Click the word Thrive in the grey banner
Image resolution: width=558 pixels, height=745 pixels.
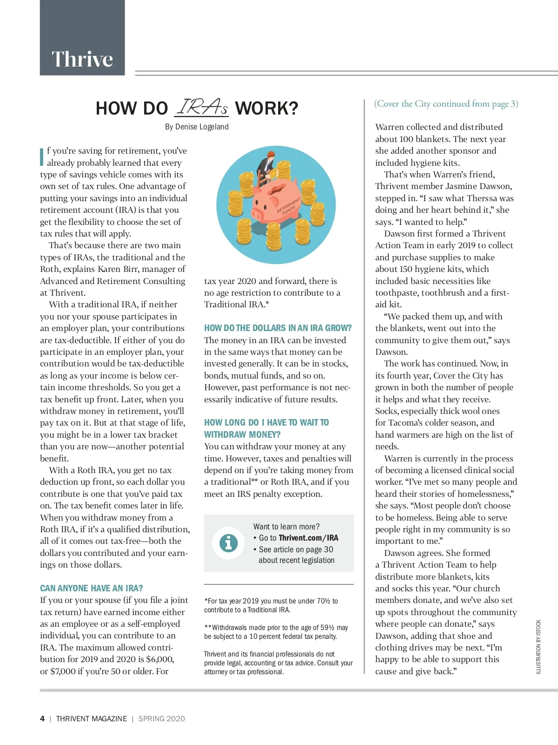pos(82,59)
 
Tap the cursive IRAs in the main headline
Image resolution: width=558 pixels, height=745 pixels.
pos(202,108)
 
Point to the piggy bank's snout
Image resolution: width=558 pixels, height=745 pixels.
pos(258,215)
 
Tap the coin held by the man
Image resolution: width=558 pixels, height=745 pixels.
pos(274,173)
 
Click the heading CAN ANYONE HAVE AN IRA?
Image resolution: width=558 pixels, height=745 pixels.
pos(92,588)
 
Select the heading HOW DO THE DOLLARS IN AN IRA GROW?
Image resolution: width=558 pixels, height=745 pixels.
pos(278,328)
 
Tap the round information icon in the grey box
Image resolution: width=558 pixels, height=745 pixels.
pos(228,543)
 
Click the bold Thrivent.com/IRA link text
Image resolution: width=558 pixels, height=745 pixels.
pos(308,538)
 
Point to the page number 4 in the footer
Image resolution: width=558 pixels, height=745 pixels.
pos(42,718)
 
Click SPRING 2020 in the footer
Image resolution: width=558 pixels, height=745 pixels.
pos(161,718)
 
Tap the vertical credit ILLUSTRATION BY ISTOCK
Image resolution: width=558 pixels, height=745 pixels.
pos(538,647)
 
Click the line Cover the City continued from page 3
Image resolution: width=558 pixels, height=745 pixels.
pos(446,104)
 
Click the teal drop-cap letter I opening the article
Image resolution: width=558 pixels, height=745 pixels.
pos(42,156)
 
